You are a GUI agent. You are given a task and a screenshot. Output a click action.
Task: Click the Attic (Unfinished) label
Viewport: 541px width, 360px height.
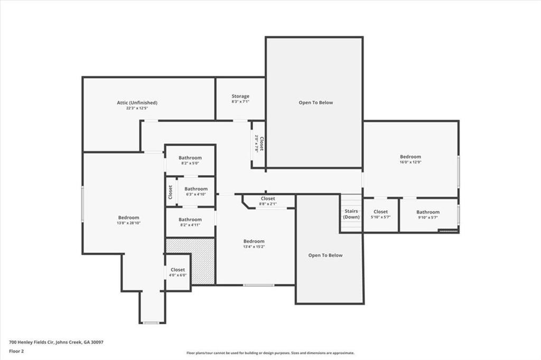click(137, 102)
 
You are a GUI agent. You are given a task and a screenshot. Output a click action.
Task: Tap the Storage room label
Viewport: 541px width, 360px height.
click(240, 96)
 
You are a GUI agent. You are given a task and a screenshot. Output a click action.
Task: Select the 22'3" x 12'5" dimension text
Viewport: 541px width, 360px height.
click(137, 108)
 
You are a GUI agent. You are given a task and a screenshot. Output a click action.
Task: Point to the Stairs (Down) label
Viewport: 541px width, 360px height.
click(351, 214)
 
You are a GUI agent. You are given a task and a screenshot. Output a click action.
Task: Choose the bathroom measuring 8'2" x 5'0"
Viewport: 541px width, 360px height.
click(190, 160)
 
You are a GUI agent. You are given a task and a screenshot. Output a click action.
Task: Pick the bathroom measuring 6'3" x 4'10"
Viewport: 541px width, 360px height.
click(196, 192)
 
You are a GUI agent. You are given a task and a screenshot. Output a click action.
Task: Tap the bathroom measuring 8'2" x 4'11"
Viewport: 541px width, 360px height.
click(190, 222)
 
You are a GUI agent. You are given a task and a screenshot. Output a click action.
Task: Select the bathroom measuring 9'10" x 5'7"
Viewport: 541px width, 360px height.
click(428, 214)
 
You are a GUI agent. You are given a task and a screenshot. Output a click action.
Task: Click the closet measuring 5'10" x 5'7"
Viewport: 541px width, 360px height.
click(380, 214)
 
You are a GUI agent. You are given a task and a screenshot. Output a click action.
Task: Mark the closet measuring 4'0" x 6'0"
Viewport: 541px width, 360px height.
click(178, 272)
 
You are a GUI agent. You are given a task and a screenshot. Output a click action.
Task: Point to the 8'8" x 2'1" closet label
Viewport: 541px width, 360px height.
click(268, 201)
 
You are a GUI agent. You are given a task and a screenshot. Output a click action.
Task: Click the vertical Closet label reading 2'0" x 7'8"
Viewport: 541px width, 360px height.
click(259, 144)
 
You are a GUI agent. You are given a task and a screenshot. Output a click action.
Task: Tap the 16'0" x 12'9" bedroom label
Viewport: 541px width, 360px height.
click(410, 159)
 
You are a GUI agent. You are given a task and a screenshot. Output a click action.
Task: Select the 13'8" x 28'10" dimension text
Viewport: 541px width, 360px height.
click(129, 223)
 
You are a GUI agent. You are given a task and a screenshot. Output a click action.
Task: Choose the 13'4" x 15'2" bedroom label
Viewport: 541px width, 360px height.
click(254, 244)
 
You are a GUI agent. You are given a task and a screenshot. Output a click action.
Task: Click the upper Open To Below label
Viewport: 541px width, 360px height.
click(316, 102)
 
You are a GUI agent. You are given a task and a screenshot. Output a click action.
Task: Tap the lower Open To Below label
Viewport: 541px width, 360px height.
click(325, 255)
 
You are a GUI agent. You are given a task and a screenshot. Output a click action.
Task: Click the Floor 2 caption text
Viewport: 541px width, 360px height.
click(16, 352)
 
